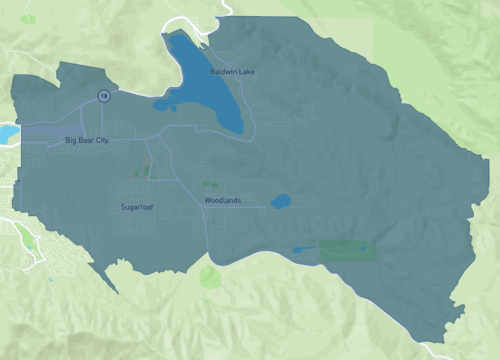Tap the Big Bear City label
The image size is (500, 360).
tap(86, 141)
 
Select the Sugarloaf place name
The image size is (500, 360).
tap(137, 207)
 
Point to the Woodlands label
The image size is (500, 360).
tap(223, 201)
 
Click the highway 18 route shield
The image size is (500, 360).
tap(103, 95)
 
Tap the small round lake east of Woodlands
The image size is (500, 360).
tap(280, 202)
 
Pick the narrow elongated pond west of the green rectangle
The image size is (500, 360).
tap(304, 249)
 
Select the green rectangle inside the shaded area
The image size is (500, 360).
tap(347, 250)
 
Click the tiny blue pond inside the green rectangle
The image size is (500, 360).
tap(363, 248)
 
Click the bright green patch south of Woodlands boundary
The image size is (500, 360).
tap(208, 275)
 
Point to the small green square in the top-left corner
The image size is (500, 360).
tap(27, 19)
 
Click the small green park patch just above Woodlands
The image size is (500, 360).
tap(209, 183)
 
